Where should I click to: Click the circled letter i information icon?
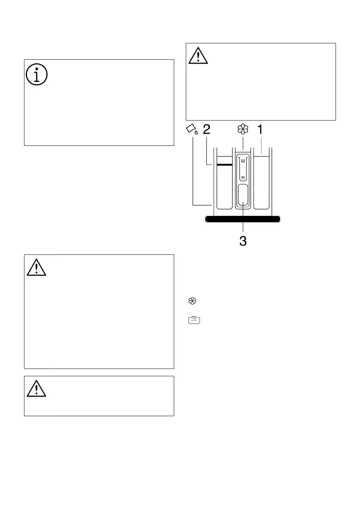point(36,76)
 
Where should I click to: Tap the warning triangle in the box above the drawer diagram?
point(198,56)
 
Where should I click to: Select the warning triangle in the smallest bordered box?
point(36,389)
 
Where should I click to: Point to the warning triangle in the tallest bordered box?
point(36,268)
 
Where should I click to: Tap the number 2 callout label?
point(206,130)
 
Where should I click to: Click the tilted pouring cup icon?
point(191,128)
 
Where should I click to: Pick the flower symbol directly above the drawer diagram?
point(243,130)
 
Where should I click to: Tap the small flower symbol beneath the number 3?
point(191,302)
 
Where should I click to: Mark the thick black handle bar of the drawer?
point(243,219)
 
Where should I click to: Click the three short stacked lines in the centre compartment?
point(243,177)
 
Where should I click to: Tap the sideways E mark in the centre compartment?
point(243,161)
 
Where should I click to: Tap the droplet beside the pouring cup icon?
point(196,133)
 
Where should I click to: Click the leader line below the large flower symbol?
point(243,143)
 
